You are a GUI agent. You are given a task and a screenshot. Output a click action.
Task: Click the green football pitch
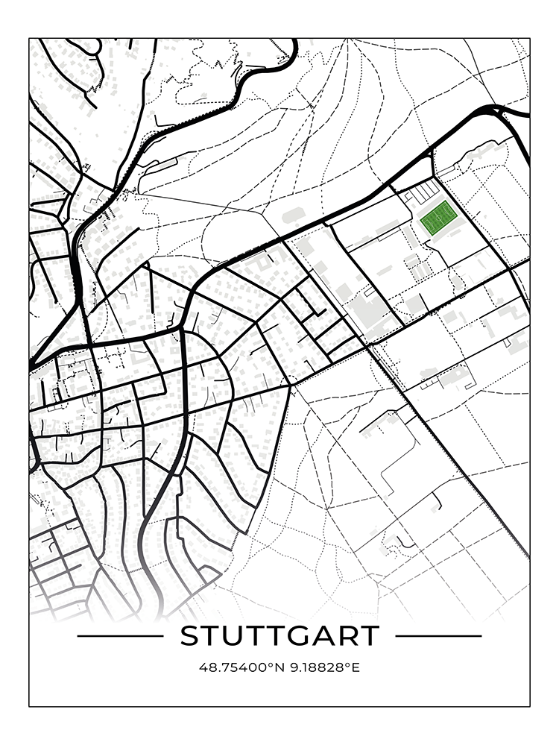coord(438,218)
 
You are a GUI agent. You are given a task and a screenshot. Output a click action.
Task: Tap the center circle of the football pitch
coord(438,218)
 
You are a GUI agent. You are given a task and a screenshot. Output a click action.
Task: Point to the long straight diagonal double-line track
coord(447,447)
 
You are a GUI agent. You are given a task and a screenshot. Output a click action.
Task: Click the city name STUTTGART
coord(279,636)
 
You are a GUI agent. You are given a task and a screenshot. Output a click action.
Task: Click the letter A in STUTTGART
coord(318,636)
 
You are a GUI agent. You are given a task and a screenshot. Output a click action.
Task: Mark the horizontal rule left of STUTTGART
coord(119,636)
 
